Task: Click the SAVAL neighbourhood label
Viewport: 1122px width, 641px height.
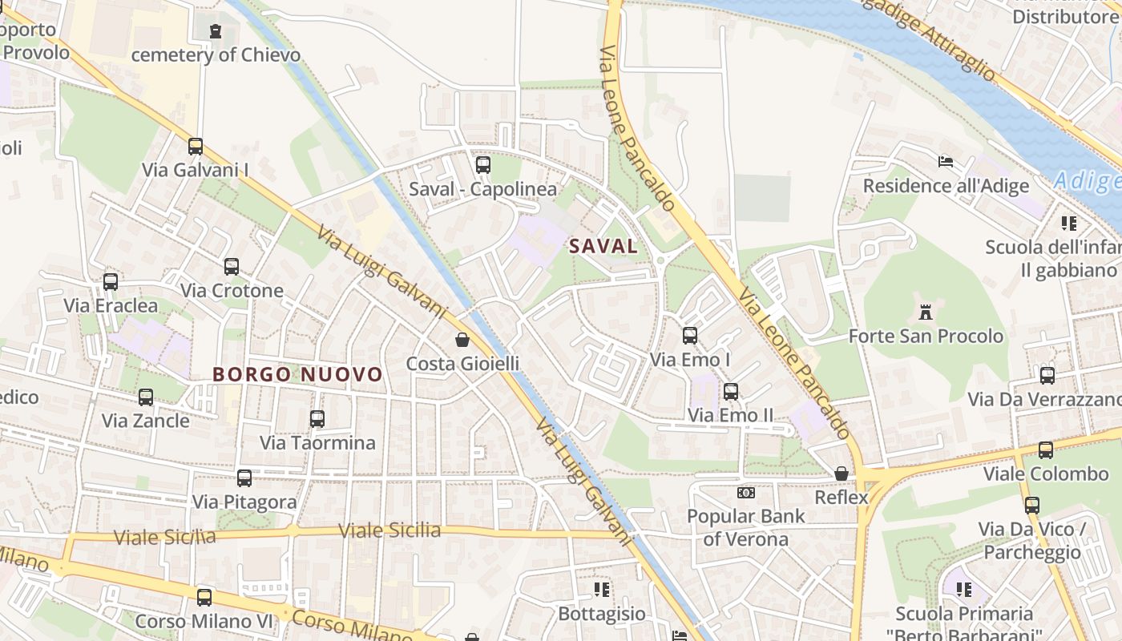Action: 603,246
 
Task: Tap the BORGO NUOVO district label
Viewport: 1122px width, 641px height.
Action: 297,374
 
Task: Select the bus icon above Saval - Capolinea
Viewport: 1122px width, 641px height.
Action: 482,165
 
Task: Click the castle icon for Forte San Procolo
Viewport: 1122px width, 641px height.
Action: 926,311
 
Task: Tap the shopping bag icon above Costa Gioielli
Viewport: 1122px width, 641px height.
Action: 462,340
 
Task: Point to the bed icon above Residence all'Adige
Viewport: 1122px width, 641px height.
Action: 946,162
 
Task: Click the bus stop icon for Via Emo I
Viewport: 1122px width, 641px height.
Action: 690,336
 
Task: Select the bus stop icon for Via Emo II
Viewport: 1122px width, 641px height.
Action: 731,392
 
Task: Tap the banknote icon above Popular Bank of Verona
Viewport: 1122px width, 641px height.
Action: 746,493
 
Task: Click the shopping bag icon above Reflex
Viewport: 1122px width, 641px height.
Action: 841,474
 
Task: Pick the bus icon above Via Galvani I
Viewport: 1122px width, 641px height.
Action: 196,147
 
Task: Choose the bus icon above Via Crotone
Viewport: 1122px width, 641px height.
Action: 232,267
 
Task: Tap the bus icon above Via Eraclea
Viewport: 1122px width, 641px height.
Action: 111,282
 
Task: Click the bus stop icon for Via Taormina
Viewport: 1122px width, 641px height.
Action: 317,419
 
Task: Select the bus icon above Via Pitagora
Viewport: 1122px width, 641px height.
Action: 244,478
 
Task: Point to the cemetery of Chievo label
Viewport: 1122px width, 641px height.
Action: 216,54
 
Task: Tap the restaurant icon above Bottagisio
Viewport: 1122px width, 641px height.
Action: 602,590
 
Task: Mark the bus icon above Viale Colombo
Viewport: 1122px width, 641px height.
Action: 1046,450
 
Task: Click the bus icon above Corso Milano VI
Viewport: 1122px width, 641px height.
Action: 204,597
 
